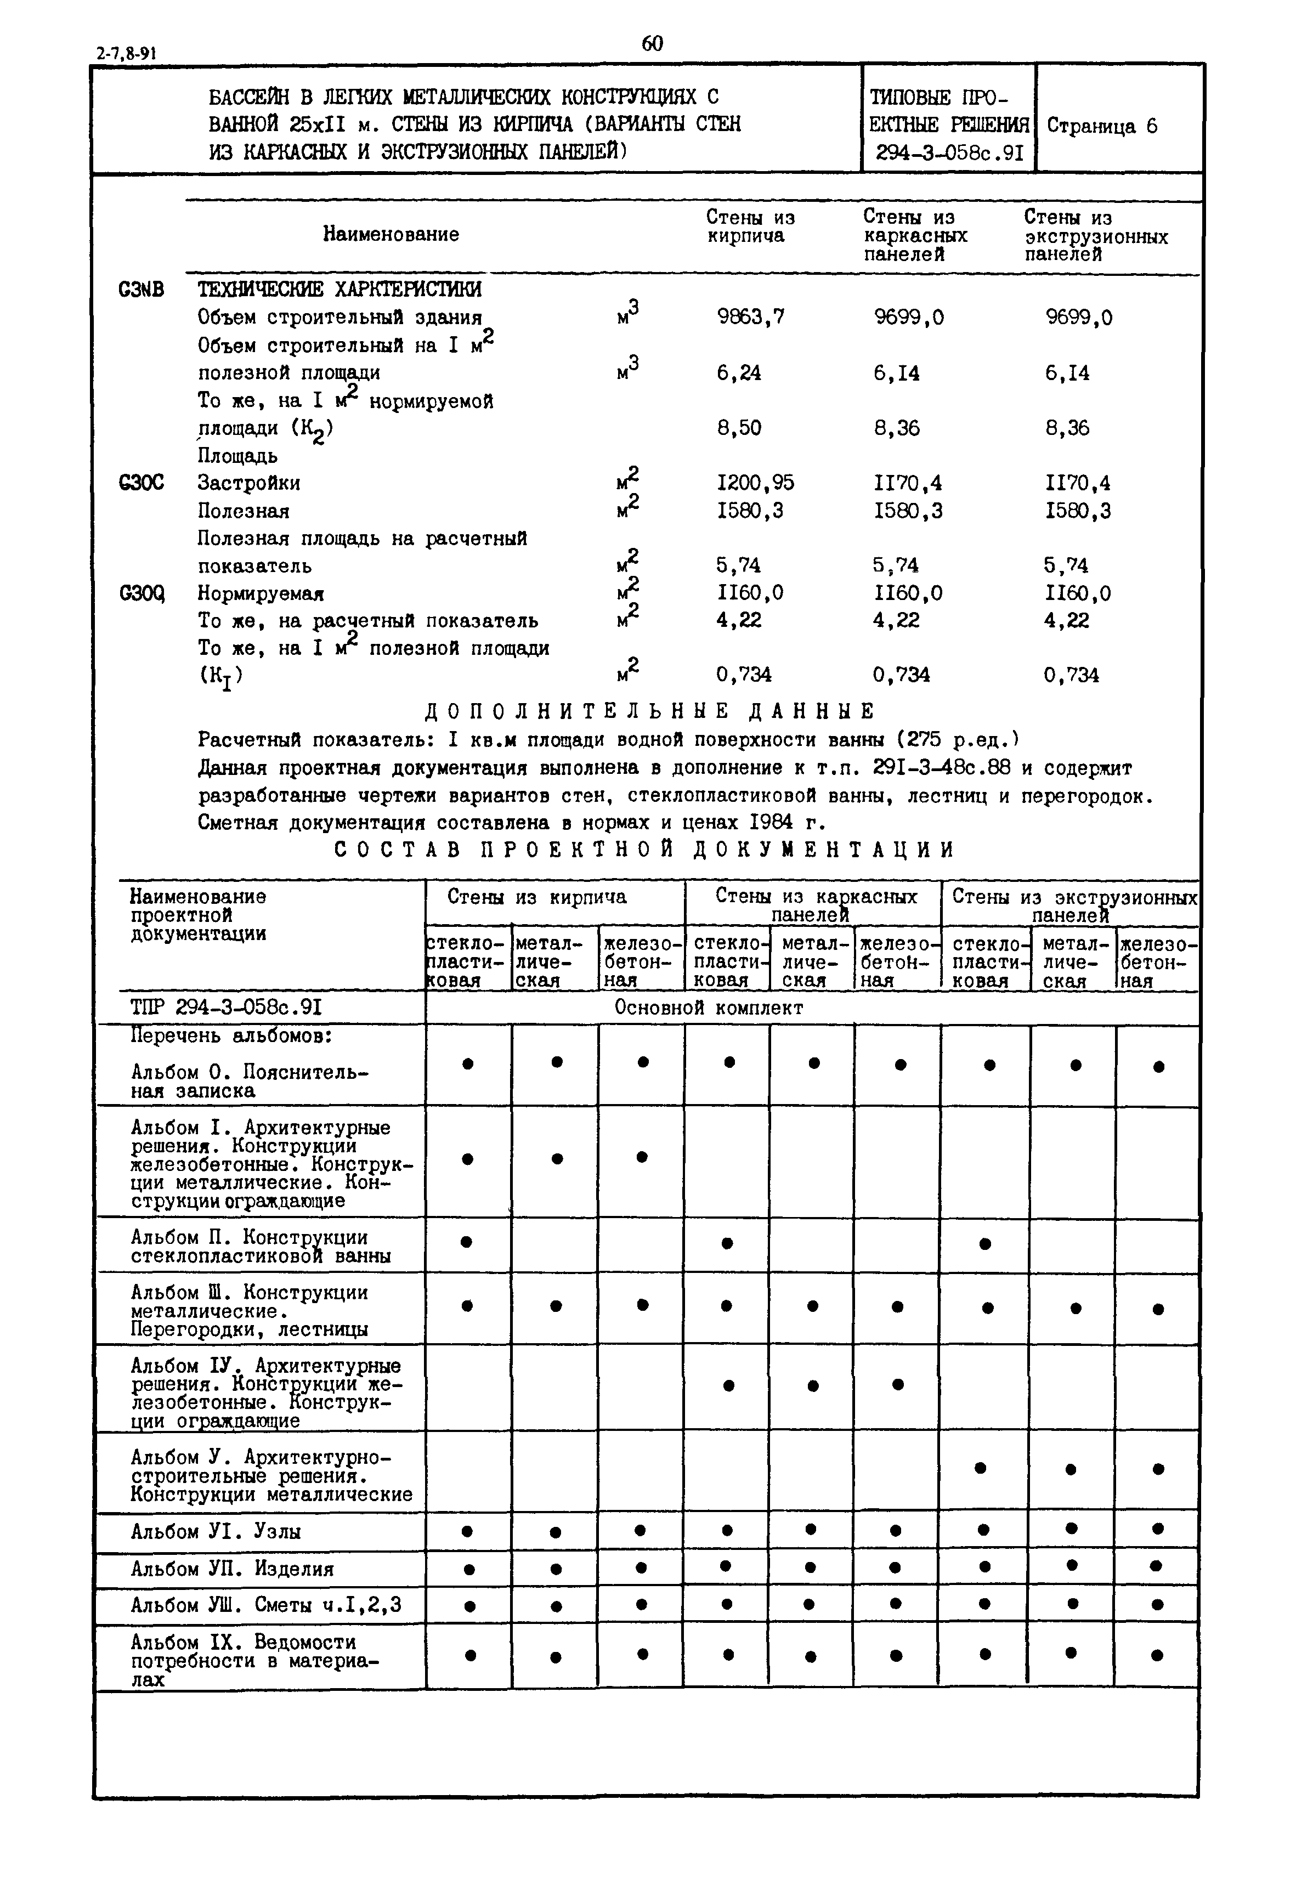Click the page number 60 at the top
click(x=652, y=44)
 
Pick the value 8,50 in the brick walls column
click(x=739, y=428)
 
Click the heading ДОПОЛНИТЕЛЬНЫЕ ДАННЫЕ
click(x=649, y=711)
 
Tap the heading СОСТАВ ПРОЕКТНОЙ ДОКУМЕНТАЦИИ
click(x=645, y=850)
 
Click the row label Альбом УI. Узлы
click(x=216, y=1531)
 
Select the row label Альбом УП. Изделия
click(x=232, y=1569)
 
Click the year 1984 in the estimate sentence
click(x=772, y=823)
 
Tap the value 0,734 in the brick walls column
click(x=744, y=675)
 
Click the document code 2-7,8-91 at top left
click(x=126, y=54)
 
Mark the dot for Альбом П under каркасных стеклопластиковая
click(x=728, y=1243)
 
